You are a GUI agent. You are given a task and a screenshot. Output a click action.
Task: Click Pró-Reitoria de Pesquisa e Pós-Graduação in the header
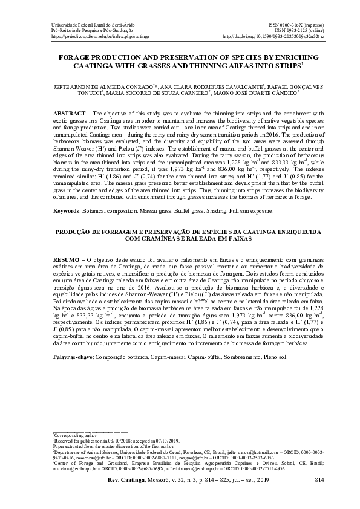[87, 29]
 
